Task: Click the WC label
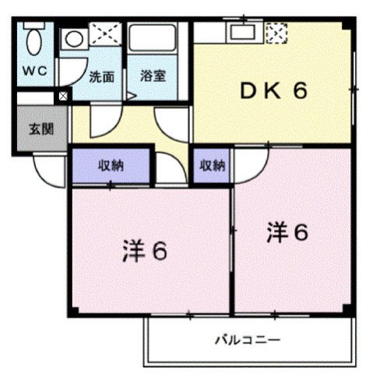point(34,71)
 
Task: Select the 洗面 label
point(101,77)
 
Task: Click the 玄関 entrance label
point(41,129)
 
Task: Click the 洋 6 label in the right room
point(289,231)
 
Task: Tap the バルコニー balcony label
point(248,340)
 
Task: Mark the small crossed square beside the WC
point(63,97)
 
